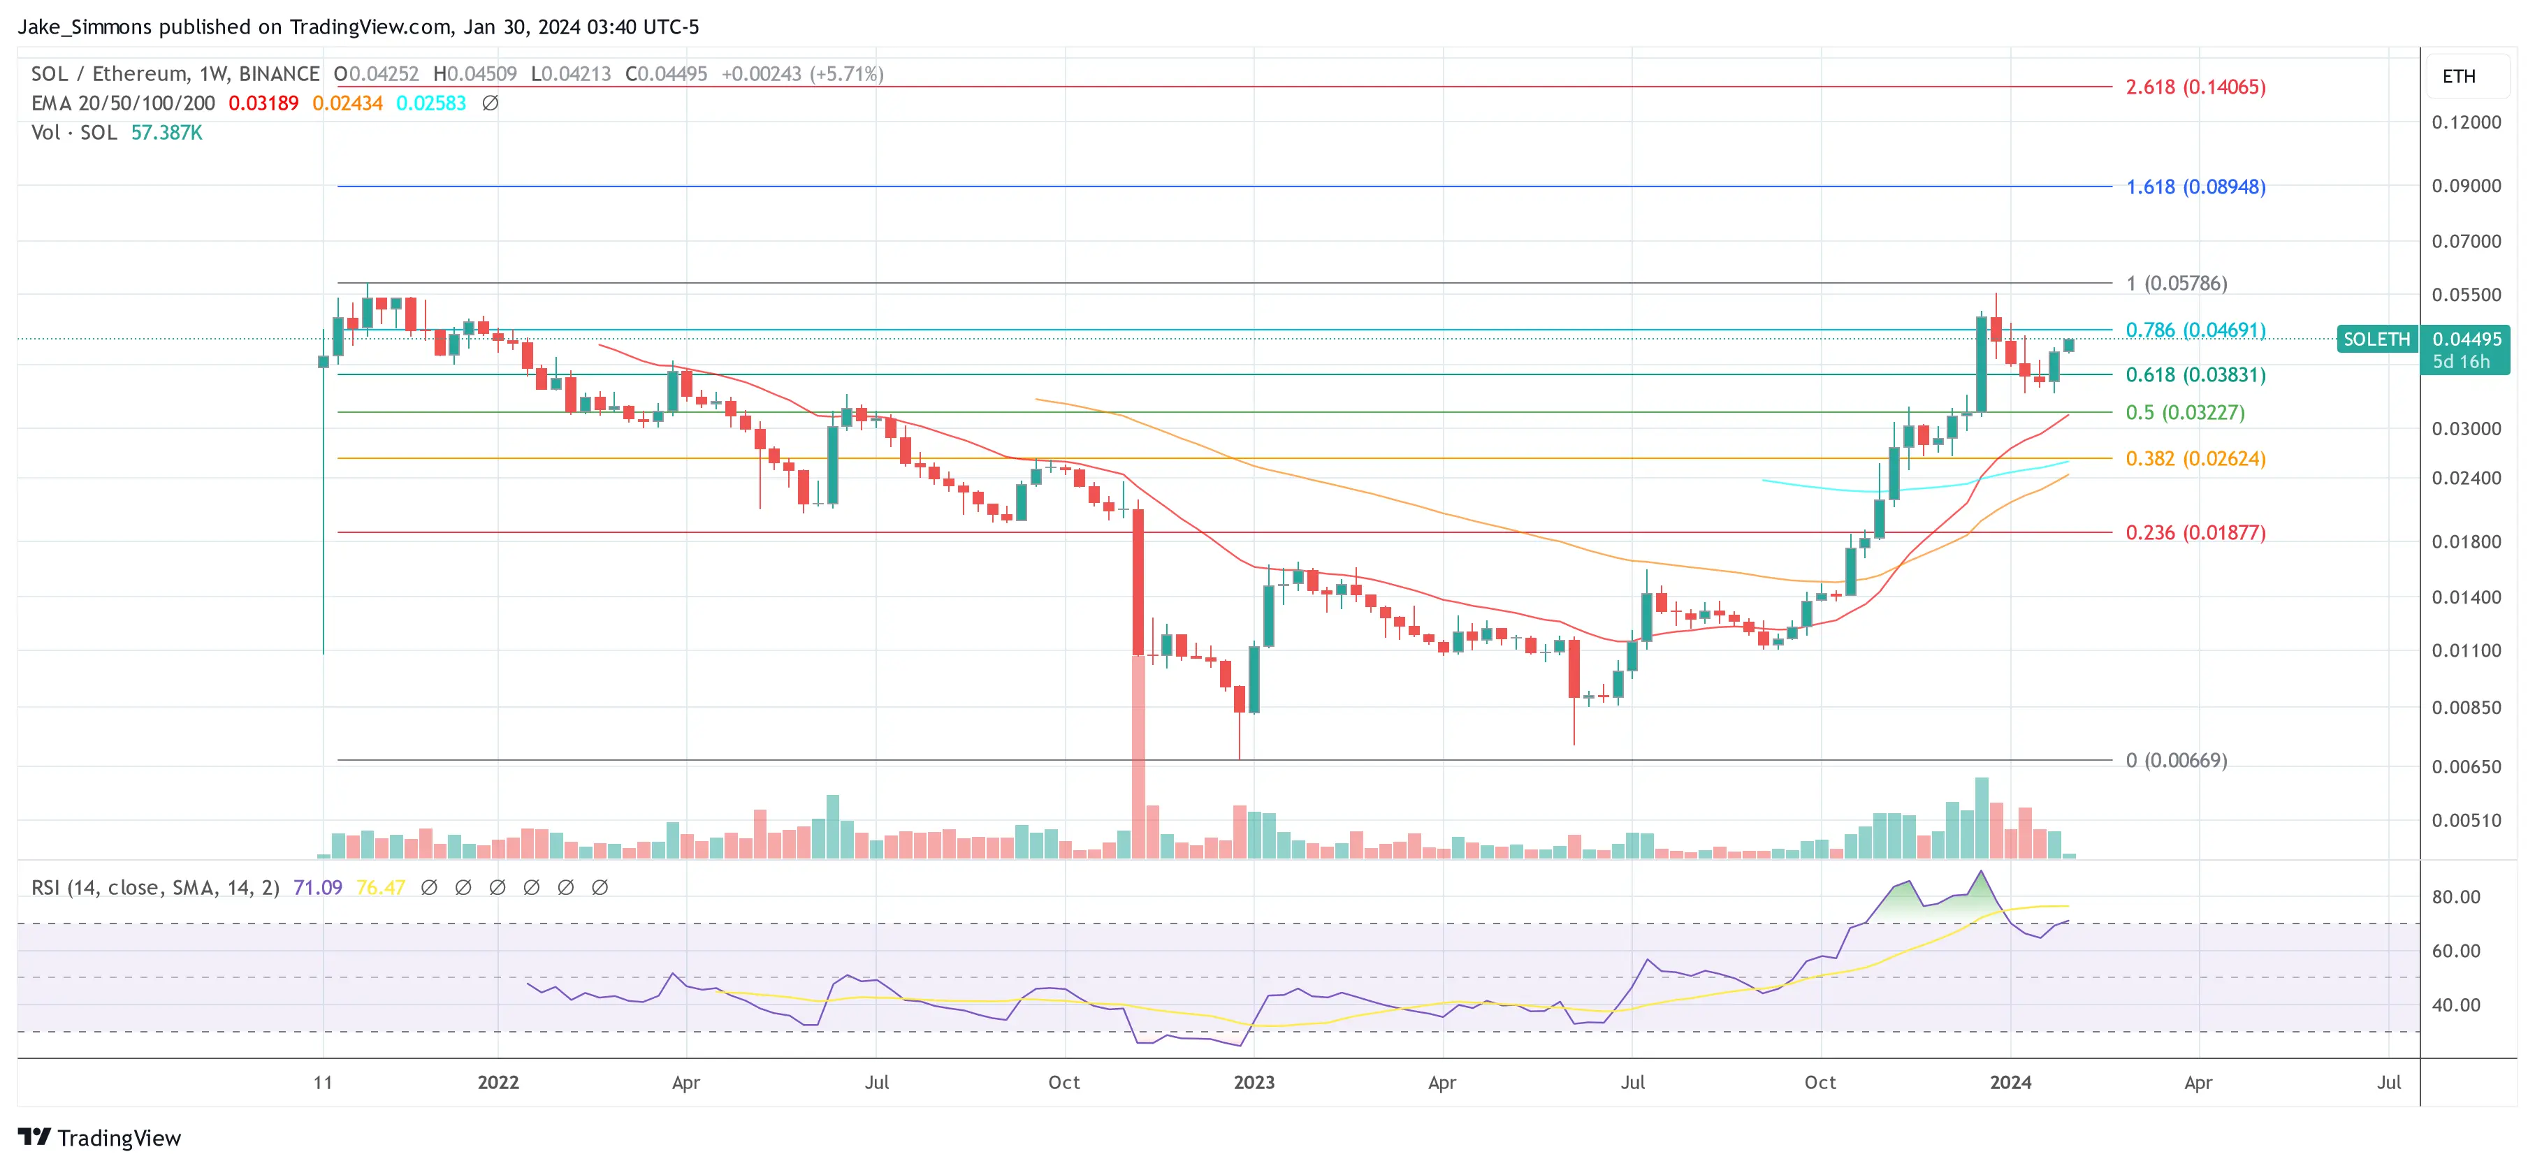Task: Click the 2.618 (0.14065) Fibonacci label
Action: click(2195, 87)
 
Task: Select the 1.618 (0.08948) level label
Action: click(2195, 187)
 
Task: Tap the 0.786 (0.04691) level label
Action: click(2195, 330)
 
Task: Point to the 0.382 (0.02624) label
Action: click(2195, 458)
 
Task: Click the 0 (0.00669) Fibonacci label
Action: click(2175, 759)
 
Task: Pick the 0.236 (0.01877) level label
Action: click(2195, 532)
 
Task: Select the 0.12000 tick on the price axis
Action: click(2465, 122)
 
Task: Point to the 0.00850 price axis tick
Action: click(2465, 708)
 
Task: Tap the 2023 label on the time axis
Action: click(1254, 1082)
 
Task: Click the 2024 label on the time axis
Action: click(2010, 1082)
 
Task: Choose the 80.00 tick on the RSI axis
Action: click(2455, 896)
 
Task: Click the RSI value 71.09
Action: click(317, 888)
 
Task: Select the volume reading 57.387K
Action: click(166, 133)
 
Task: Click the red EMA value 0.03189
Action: click(263, 103)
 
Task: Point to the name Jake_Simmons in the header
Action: click(85, 27)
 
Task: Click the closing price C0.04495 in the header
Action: click(666, 74)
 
